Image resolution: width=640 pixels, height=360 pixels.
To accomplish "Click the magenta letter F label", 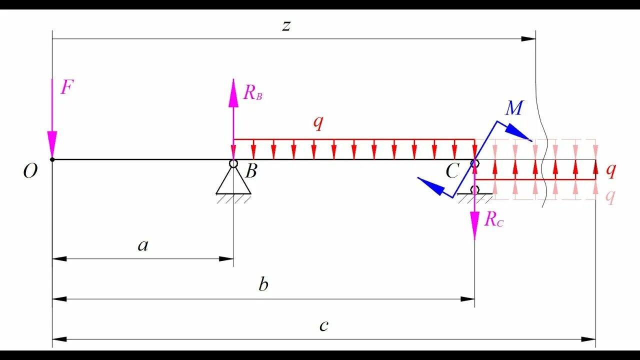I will click(66, 88).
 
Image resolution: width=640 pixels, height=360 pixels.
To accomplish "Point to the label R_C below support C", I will click(494, 219).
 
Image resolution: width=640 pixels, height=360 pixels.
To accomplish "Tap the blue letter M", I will click(514, 108).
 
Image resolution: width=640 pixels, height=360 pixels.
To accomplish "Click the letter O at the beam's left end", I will click(30, 172).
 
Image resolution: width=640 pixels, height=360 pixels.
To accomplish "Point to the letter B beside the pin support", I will click(251, 171).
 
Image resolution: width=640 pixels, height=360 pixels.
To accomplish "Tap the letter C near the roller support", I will click(452, 172).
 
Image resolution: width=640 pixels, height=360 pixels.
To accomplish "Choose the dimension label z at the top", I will click(286, 25).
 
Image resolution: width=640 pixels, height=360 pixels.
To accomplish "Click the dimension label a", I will click(143, 245).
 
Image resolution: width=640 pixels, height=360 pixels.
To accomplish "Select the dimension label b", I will click(263, 285).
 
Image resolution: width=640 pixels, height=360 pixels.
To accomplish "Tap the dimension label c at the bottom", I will click(324, 326).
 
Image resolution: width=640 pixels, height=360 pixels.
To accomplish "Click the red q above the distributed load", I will click(318, 123).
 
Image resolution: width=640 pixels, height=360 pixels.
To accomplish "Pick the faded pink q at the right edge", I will click(610, 196).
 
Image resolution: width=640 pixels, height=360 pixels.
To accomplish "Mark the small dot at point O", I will click(52, 159).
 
